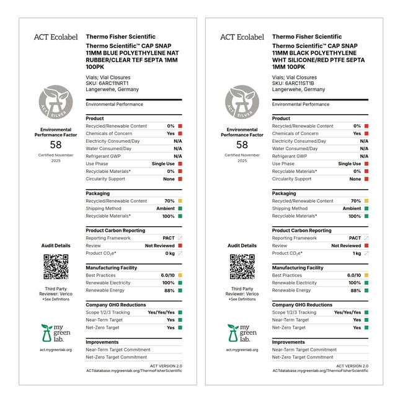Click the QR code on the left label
(x=56, y=266)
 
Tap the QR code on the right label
(x=242, y=266)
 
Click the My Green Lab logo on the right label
(x=242, y=334)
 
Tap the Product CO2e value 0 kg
(x=169, y=253)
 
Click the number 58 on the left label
(x=56, y=144)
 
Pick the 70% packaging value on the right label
(x=355, y=201)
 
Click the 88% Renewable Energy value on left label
(x=169, y=290)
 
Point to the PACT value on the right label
(x=355, y=238)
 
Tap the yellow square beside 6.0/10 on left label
(x=180, y=275)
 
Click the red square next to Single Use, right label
(x=366, y=164)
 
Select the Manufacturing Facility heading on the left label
(x=112, y=268)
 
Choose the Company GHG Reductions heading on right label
(x=302, y=305)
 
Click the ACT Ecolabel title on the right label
(x=242, y=37)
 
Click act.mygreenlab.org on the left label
(x=56, y=350)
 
